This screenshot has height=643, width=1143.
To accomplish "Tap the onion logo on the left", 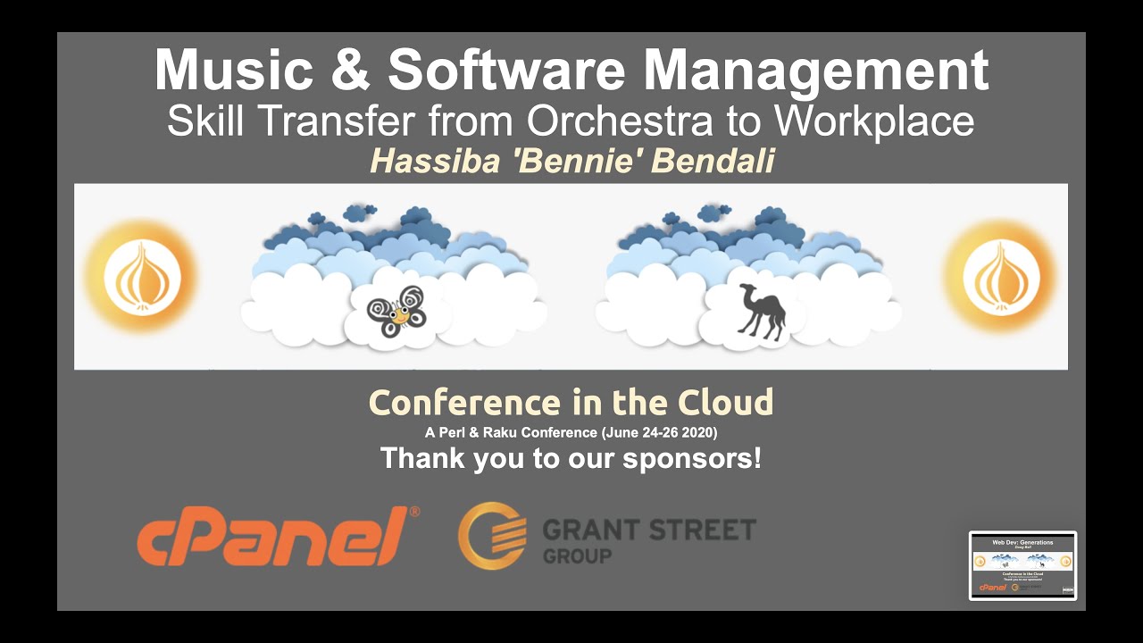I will click(x=142, y=277).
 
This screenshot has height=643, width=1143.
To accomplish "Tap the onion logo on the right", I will click(x=1000, y=277).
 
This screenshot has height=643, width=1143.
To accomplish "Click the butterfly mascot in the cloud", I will click(x=396, y=311).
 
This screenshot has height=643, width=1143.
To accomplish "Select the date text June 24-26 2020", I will click(x=659, y=433).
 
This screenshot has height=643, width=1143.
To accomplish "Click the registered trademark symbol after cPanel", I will click(x=413, y=513).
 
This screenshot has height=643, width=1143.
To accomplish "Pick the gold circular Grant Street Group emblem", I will click(x=492, y=536).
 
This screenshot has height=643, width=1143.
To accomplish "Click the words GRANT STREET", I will click(x=649, y=530).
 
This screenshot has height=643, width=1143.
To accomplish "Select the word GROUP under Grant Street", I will click(x=577, y=556).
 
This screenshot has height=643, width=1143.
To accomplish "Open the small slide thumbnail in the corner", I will click(x=1022, y=565).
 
